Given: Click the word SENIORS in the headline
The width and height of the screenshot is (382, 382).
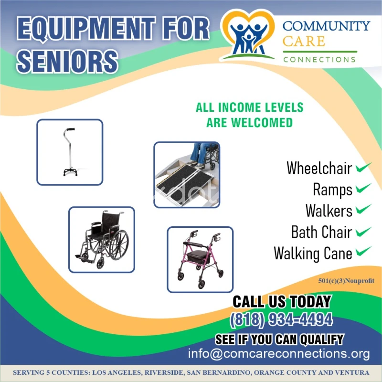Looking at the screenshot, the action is click(x=67, y=61).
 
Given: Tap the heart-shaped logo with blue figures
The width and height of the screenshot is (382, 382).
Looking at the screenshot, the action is click(x=248, y=35).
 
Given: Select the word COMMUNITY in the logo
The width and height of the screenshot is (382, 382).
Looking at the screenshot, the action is click(x=326, y=26).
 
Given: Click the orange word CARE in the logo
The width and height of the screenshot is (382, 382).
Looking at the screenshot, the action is click(x=304, y=42).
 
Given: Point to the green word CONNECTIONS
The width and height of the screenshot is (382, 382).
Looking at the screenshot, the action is click(x=319, y=60).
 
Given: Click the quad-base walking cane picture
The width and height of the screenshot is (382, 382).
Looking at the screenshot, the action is click(x=70, y=152).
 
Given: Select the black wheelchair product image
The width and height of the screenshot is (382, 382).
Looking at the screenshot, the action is click(x=102, y=240).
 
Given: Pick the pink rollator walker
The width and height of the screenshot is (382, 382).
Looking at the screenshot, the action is click(x=200, y=259).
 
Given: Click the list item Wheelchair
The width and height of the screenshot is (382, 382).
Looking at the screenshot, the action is click(x=319, y=168).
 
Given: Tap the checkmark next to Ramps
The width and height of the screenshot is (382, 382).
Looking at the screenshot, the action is click(x=363, y=189).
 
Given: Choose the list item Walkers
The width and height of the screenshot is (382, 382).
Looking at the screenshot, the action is click(x=329, y=211).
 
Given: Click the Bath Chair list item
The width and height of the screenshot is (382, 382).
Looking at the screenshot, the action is click(x=321, y=232).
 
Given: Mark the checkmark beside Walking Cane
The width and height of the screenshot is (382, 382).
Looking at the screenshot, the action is click(x=363, y=252).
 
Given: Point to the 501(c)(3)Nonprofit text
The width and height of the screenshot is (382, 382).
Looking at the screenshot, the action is click(x=346, y=281).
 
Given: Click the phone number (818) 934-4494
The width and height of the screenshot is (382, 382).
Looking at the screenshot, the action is click(x=281, y=319).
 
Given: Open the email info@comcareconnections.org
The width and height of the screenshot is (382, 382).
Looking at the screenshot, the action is click(x=279, y=354).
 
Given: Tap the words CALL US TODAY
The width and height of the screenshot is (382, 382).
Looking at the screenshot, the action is click(x=282, y=302).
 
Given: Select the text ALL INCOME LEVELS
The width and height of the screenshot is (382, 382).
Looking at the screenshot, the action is click(x=250, y=107).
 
